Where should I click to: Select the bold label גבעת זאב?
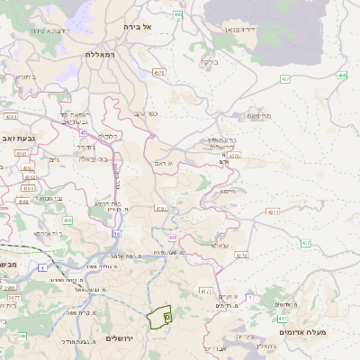coord(19,138)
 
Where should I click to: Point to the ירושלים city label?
coord(119,337)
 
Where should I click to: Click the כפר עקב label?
coord(146,114)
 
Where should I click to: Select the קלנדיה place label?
coord(108,135)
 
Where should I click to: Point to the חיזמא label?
coord(227,191)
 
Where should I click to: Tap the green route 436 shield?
coord(67,220)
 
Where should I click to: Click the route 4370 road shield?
coord(162,209)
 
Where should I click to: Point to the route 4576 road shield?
coord(234,156)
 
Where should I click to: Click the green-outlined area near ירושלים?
coord(159,317)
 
